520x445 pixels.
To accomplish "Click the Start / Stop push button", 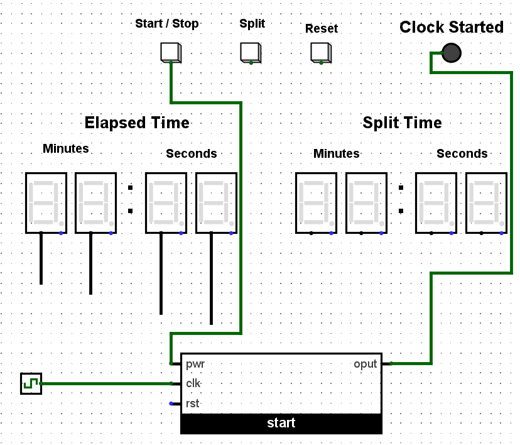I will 170,52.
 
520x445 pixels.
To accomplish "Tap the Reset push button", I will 320,53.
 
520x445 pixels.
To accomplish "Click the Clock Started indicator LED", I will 451,53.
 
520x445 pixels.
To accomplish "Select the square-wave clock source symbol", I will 31,383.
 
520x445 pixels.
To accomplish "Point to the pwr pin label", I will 195,364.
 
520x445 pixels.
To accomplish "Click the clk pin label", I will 193,383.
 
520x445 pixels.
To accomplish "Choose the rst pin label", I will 192,404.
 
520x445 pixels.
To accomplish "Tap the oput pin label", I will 365,364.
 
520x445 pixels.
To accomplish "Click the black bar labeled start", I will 281,424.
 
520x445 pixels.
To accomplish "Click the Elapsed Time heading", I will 137,123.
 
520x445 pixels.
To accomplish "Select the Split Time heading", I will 402,123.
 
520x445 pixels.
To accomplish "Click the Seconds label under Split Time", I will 462,154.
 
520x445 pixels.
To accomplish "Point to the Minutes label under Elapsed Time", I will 66,149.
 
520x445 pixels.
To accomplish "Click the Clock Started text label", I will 452,28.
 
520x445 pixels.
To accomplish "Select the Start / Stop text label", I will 167,24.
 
